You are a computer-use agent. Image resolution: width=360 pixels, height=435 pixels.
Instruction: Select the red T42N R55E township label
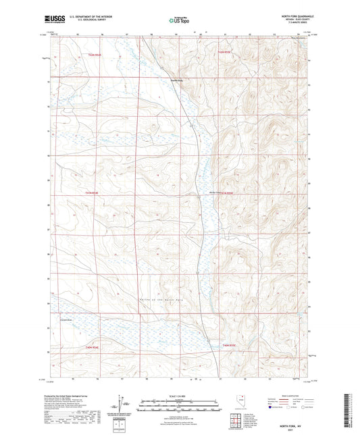click(x=224, y=51)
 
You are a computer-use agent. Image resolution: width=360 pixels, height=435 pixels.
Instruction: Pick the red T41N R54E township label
click(x=93, y=193)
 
